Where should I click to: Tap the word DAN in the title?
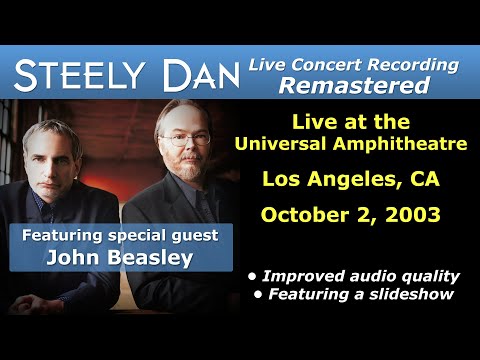[206, 73]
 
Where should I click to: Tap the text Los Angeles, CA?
[352, 180]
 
